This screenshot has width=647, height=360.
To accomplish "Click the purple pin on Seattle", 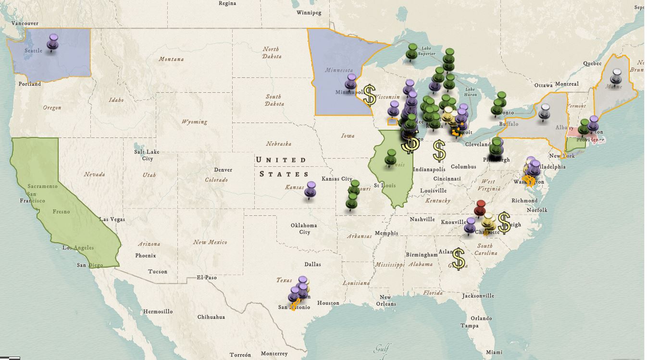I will pos(53,40).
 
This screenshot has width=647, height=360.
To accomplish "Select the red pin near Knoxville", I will pos(480,208).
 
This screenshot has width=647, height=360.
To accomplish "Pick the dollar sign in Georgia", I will pos(458,259).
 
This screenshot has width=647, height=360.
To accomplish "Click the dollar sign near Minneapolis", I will pos(369,95).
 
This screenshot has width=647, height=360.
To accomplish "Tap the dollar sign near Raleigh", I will pos(504,222).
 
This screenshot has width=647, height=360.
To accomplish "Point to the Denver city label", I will pos(223,170).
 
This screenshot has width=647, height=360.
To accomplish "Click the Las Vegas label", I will pos(112,219).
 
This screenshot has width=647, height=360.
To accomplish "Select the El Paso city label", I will pos(207,277).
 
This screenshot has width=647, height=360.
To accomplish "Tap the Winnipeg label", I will pos(309,12).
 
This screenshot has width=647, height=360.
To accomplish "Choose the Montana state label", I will pos(171,59).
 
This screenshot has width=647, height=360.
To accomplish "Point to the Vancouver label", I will pos(25,23).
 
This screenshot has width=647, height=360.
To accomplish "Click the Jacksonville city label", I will pos(478,296).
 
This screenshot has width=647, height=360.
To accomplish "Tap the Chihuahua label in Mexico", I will pos(211,317).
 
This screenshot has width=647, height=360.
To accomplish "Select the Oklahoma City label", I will pos(304,229).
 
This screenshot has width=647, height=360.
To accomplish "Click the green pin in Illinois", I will pos(390,157).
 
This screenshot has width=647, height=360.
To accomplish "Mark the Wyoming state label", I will pos(194,122).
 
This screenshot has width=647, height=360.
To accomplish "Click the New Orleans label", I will pos(386,300).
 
